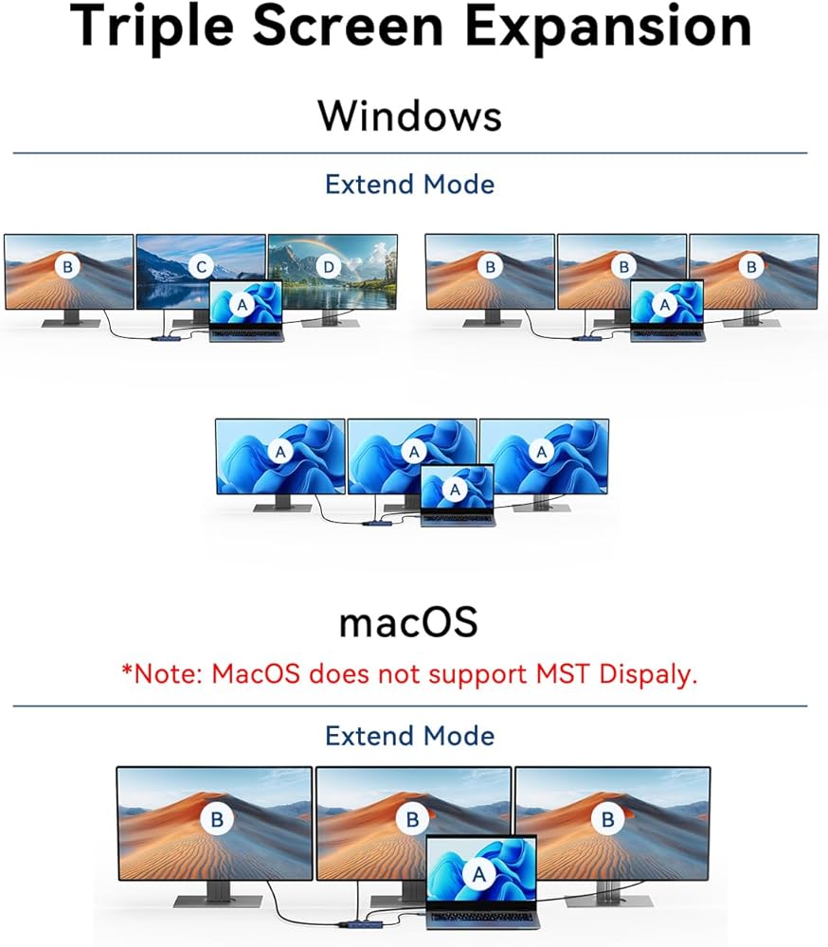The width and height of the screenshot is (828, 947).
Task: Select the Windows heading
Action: pos(409,116)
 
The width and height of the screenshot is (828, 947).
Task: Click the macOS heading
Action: pos(408,622)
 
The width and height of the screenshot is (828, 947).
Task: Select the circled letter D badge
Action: pos(329,267)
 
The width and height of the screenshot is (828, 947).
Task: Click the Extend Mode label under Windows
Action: pos(409,184)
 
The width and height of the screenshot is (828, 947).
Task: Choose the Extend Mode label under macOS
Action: pos(409,736)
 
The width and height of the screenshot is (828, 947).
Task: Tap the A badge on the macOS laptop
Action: pos(479,877)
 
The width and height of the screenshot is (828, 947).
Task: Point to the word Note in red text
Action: pos(170,674)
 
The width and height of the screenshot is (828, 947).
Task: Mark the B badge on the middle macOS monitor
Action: pos(413,819)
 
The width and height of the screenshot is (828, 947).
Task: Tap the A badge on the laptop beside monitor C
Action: pos(243,305)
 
